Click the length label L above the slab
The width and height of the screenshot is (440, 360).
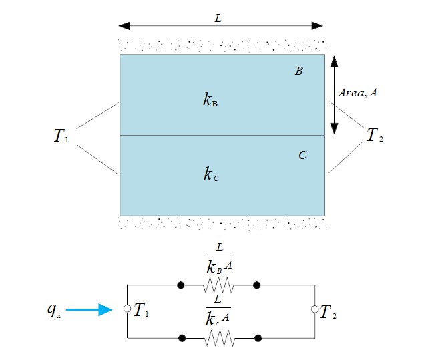click(x=218, y=18)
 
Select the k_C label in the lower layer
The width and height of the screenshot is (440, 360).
click(x=211, y=175)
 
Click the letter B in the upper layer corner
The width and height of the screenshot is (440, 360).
click(x=299, y=71)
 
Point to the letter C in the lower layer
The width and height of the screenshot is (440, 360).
click(x=302, y=155)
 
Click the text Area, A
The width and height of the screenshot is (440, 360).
click(x=357, y=94)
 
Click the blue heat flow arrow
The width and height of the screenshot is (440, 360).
click(x=89, y=309)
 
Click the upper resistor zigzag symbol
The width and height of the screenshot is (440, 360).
click(x=218, y=285)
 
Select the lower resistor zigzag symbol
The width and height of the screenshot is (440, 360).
click(x=218, y=339)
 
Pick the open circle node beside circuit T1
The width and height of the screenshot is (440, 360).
click(x=127, y=309)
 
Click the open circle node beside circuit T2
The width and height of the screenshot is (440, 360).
click(x=314, y=309)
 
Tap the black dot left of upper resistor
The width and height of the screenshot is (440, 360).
click(x=180, y=285)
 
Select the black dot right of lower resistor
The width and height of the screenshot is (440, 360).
click(x=257, y=339)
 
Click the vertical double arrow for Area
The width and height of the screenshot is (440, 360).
click(x=335, y=94)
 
